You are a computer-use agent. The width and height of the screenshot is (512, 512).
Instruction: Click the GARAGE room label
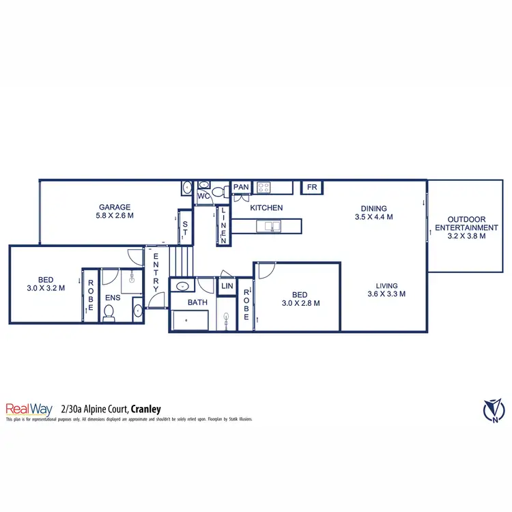click(115, 207)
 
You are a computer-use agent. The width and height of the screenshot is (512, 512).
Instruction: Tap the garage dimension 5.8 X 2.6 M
click(115, 216)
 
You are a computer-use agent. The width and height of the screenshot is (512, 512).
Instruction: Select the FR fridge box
click(311, 187)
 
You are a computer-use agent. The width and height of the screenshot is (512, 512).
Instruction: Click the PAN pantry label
click(240, 187)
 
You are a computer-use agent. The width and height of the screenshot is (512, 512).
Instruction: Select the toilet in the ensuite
click(109, 313)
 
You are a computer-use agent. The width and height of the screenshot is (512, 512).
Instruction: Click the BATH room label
click(180, 302)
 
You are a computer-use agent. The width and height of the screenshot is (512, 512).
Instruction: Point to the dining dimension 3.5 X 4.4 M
click(373, 217)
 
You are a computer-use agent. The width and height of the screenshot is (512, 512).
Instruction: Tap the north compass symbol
click(493, 410)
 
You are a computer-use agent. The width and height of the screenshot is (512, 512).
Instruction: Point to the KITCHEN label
click(266, 208)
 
